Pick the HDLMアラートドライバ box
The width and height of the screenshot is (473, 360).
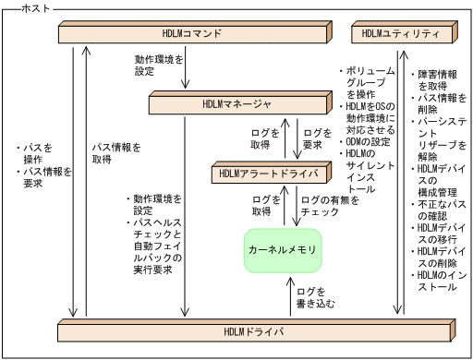pos(269,173)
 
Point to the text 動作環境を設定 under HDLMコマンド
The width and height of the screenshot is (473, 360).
pos(158,65)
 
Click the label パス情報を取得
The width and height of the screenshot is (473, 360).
pos(115,152)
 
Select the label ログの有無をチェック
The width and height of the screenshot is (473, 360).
pos(324,206)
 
